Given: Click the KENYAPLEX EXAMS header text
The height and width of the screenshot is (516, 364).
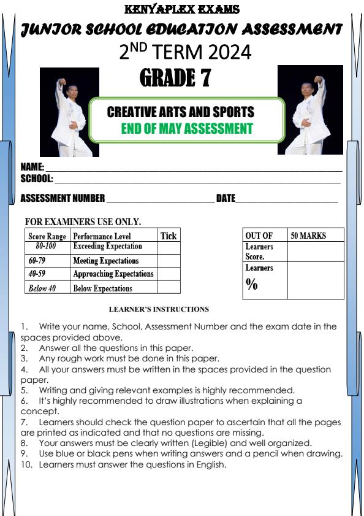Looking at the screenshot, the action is click(x=182, y=9).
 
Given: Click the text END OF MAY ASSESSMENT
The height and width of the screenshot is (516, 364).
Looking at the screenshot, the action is click(x=187, y=129).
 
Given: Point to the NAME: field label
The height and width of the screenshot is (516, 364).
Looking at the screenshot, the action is click(x=32, y=167).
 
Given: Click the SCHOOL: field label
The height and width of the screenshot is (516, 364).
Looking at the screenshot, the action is click(x=37, y=179).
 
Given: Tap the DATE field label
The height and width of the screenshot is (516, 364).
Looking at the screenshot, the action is click(x=226, y=198).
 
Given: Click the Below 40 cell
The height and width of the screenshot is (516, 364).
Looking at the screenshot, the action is click(x=42, y=288).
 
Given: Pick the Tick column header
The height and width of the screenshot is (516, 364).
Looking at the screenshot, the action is click(x=169, y=236).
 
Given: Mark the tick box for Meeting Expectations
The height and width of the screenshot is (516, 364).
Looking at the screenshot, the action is click(x=169, y=261).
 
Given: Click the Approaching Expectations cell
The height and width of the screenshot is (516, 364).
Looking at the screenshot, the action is click(x=113, y=274).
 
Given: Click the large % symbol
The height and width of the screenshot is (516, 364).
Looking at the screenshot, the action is click(x=251, y=283).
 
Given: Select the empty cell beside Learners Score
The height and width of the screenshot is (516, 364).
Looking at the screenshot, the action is click(x=315, y=252).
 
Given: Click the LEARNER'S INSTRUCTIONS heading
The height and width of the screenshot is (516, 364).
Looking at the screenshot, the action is click(x=159, y=309).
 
